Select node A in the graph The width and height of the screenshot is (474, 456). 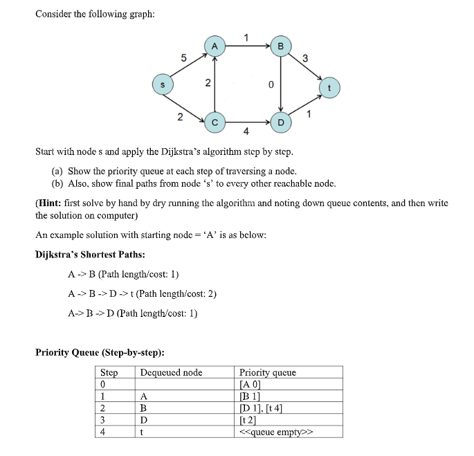pyautogui.click(x=215, y=46)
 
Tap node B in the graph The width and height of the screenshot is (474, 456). pyautogui.click(x=280, y=46)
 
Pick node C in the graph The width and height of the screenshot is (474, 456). pyautogui.click(x=215, y=122)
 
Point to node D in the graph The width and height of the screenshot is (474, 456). pyautogui.click(x=280, y=122)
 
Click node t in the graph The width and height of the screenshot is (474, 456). pyautogui.click(x=329, y=88)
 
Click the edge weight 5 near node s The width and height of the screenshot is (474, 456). pyautogui.click(x=183, y=58)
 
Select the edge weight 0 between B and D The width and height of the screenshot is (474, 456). pyautogui.click(x=271, y=84)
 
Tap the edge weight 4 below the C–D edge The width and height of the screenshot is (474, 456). pyautogui.click(x=246, y=131)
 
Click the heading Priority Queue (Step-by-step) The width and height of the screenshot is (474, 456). pyautogui.click(x=100, y=352)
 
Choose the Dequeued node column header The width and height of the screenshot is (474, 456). pyautogui.click(x=171, y=372)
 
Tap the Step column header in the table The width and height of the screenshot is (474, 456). pyautogui.click(x=109, y=372)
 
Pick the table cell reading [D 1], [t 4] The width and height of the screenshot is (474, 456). pyautogui.click(x=265, y=408)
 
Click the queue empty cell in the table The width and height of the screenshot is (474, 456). pyautogui.click(x=275, y=432)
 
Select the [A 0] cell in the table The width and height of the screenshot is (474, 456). pyautogui.click(x=250, y=384)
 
